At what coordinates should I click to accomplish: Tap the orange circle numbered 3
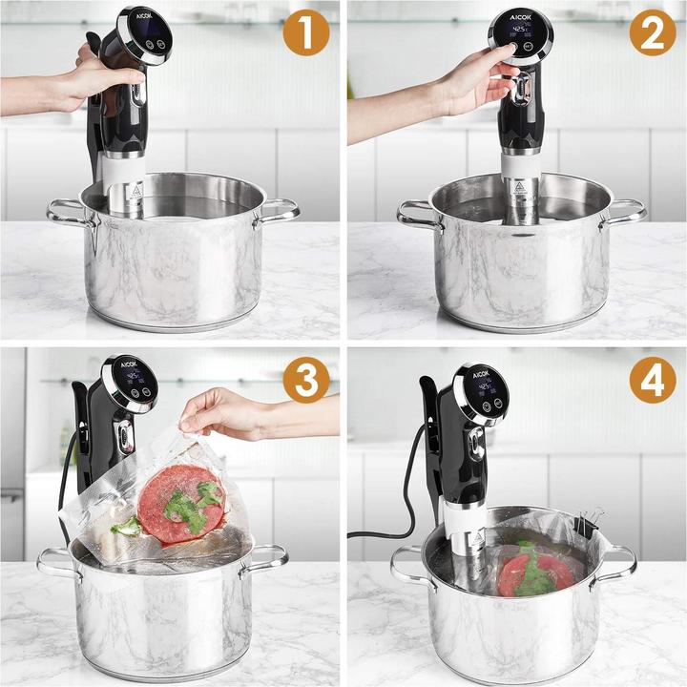click(305, 379)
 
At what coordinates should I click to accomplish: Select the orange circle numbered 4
click(652, 379)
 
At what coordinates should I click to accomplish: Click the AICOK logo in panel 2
click(519, 18)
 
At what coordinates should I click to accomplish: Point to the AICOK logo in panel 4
click(482, 374)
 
